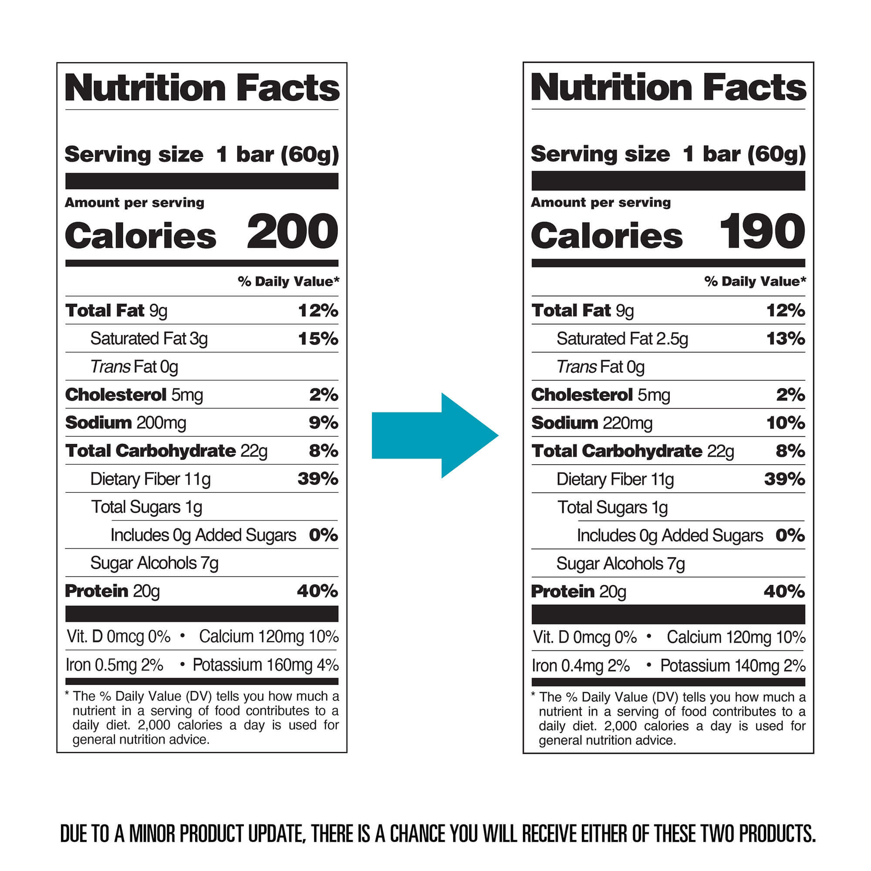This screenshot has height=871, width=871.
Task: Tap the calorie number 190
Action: pyautogui.click(x=761, y=232)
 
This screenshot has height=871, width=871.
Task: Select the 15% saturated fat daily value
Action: pyautogui.click(x=318, y=338)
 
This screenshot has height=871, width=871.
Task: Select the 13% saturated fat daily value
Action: pyautogui.click(x=785, y=338)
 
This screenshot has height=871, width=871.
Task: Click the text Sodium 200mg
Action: pyautogui.click(x=125, y=423)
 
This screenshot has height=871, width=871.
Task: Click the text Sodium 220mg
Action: pyautogui.click(x=591, y=423)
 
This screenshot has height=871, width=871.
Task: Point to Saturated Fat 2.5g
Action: pyautogui.click(x=622, y=339)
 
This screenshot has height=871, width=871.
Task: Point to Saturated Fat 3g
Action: pyautogui.click(x=149, y=339)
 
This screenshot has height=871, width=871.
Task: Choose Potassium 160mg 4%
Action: pyautogui.click(x=266, y=665)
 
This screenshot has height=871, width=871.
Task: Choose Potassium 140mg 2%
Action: pyautogui.click(x=733, y=666)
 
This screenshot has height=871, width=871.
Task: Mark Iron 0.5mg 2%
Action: pyautogui.click(x=114, y=665)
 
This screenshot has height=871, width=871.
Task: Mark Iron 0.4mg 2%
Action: pyautogui.click(x=581, y=666)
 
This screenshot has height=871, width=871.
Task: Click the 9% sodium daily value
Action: pyautogui.click(x=323, y=423)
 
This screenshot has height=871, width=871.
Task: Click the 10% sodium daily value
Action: pyautogui.click(x=785, y=423)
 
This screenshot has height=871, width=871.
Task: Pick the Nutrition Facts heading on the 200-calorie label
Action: pyautogui.click(x=202, y=88)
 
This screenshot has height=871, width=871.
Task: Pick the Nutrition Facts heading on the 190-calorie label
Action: pyautogui.click(x=668, y=88)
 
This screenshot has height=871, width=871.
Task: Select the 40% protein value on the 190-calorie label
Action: pyautogui.click(x=784, y=591)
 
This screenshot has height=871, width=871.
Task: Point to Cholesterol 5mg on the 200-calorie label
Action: pyautogui.click(x=134, y=395)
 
